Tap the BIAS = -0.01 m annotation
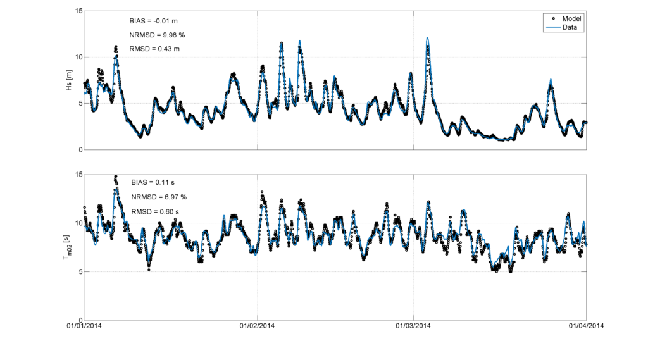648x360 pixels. (x=153, y=21)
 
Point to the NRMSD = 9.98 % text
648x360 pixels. (x=157, y=35)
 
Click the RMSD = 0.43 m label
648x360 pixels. (x=154, y=49)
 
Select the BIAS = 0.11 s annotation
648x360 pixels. (x=153, y=182)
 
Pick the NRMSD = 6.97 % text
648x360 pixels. (x=159, y=197)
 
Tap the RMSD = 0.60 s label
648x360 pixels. (x=155, y=212)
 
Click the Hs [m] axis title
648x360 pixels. (x=69, y=80)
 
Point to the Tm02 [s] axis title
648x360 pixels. (x=67, y=247)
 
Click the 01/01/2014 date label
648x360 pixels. (x=84, y=326)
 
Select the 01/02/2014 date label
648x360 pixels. (x=257, y=326)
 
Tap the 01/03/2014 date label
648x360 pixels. (x=413, y=326)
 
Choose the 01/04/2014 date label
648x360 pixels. (x=586, y=326)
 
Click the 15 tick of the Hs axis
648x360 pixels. (x=79, y=11)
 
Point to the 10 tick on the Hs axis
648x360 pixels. (x=79, y=57)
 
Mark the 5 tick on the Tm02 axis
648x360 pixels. (x=81, y=272)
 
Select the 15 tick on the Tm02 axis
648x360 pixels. (x=79, y=175)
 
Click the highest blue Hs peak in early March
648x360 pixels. (x=427, y=38)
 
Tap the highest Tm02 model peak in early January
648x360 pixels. (x=116, y=177)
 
